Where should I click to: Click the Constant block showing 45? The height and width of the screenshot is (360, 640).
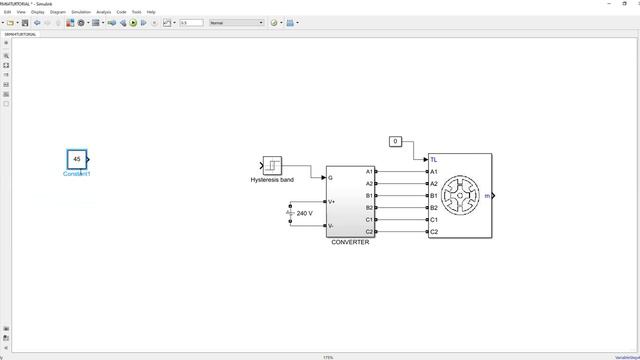coord(77,159)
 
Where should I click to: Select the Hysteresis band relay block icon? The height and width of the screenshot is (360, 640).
coord(272,165)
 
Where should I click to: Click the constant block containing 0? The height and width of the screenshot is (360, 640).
coord(396,141)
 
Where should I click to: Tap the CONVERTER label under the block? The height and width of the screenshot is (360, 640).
coord(350,242)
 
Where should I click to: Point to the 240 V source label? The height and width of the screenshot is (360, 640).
coord(305,213)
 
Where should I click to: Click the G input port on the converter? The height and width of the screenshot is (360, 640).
coord(330,178)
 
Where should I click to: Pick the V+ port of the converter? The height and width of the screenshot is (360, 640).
coord(331,201)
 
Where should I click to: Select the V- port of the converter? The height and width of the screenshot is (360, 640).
coord(331,225)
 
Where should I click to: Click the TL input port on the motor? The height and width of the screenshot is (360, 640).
coord(433,159)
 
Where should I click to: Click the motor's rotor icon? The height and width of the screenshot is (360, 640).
coord(461,196)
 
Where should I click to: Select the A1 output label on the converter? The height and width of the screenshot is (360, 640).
coord(369,172)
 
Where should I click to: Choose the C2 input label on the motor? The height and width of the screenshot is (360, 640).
coord(434,232)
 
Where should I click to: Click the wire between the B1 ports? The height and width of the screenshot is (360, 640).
coord(402,196)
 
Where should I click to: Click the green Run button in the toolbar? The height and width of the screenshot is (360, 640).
coord(132,22)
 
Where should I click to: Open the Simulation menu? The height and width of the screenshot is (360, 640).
coord(78,12)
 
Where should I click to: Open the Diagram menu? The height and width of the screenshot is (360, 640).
coord(58,12)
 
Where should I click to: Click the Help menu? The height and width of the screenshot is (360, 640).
coord(151,12)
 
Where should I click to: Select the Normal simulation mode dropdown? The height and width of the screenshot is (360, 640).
coord(236,22)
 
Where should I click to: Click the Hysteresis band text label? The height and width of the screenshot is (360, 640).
coord(272,180)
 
